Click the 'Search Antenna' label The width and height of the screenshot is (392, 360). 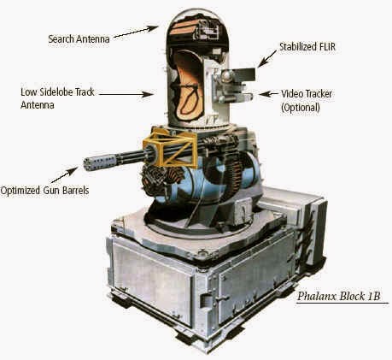(79, 38)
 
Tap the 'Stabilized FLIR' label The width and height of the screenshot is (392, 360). (307, 47)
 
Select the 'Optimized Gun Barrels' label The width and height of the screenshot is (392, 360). (44, 191)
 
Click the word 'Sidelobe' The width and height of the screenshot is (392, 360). (57, 92)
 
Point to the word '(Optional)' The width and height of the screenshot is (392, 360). (301, 108)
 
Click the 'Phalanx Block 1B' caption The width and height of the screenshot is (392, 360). (338, 296)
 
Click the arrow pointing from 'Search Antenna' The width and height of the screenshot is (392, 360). (136, 32)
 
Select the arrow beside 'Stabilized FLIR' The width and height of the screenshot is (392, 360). (266, 59)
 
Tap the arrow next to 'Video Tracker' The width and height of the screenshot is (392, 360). (268, 94)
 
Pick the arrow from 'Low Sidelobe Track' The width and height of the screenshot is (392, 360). (126, 94)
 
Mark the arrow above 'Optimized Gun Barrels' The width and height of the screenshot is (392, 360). (64, 174)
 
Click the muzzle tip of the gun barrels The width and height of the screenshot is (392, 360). (85, 164)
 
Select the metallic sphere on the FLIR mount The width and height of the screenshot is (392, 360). (227, 76)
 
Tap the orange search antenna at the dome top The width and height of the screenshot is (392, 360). (185, 27)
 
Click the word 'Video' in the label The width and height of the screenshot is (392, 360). (293, 94)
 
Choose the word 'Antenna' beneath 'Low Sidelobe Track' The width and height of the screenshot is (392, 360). (38, 105)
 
